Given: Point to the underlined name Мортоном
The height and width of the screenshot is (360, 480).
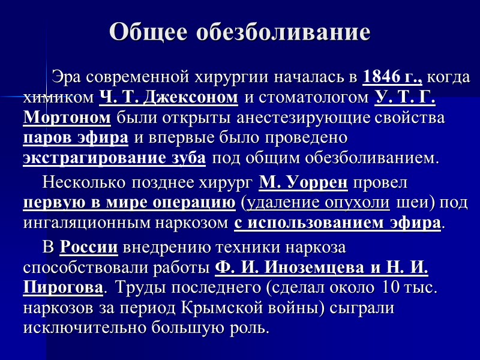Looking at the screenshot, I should (67, 117).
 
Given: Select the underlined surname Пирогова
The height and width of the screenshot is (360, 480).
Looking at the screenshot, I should (62, 288).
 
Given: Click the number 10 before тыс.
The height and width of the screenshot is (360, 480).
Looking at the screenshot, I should (389, 288).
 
